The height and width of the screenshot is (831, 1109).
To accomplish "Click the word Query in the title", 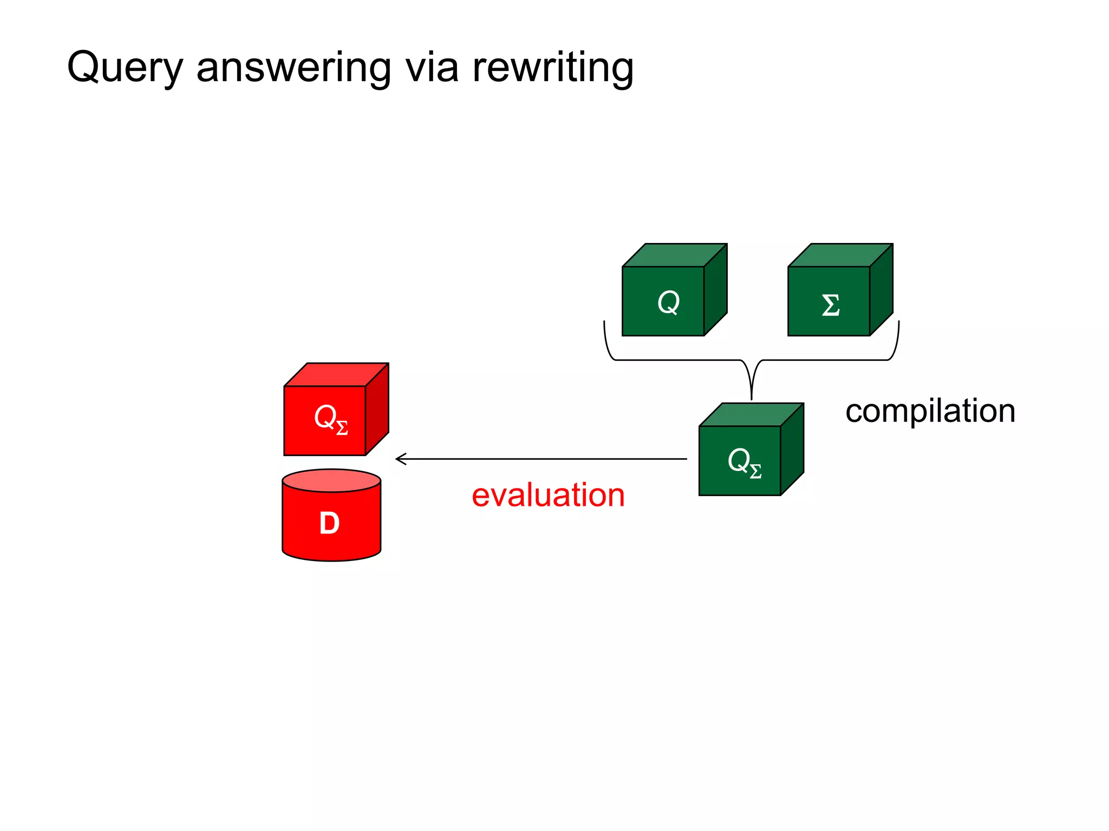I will [x=125, y=68].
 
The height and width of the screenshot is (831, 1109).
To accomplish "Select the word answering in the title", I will [x=293, y=68].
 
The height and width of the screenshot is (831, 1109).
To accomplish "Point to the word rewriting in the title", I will [x=552, y=68].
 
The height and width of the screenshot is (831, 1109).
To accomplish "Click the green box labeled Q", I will [x=663, y=301].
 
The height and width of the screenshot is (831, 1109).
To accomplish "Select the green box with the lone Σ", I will [x=829, y=301].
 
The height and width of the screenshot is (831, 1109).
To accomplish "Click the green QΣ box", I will [x=740, y=460].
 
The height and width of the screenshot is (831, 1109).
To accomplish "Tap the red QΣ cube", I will [x=325, y=420].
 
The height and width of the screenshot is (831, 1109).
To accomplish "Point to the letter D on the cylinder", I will [x=329, y=523].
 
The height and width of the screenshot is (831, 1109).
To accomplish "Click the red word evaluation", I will [x=548, y=495].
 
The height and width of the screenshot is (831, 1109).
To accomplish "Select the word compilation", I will [x=930, y=411].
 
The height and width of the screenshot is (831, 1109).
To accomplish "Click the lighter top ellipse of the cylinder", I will [x=331, y=480].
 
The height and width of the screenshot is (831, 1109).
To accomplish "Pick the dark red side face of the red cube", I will [x=377, y=410].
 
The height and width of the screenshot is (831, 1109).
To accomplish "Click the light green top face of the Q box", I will [x=675, y=255].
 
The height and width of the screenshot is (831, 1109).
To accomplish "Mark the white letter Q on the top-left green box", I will [x=668, y=302].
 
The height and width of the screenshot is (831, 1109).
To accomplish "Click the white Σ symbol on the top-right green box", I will [x=831, y=305].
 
